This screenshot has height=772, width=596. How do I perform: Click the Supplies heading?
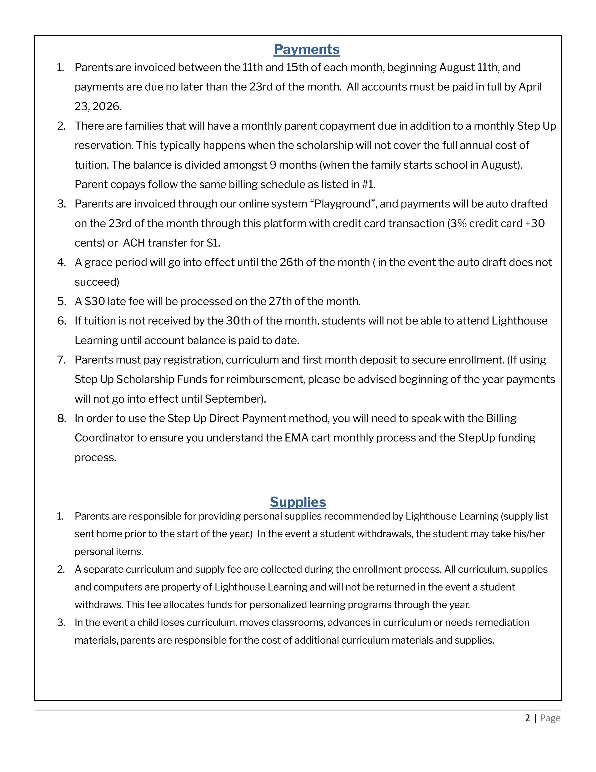click(x=298, y=502)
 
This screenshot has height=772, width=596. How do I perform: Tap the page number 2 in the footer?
click(x=528, y=718)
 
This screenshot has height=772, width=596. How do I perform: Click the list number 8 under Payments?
click(x=62, y=419)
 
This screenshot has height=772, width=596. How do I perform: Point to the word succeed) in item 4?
click(x=97, y=282)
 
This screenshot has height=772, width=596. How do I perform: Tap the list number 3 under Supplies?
click(x=61, y=622)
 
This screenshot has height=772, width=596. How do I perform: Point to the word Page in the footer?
click(x=550, y=718)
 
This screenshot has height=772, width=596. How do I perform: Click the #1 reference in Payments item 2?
click(x=368, y=184)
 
